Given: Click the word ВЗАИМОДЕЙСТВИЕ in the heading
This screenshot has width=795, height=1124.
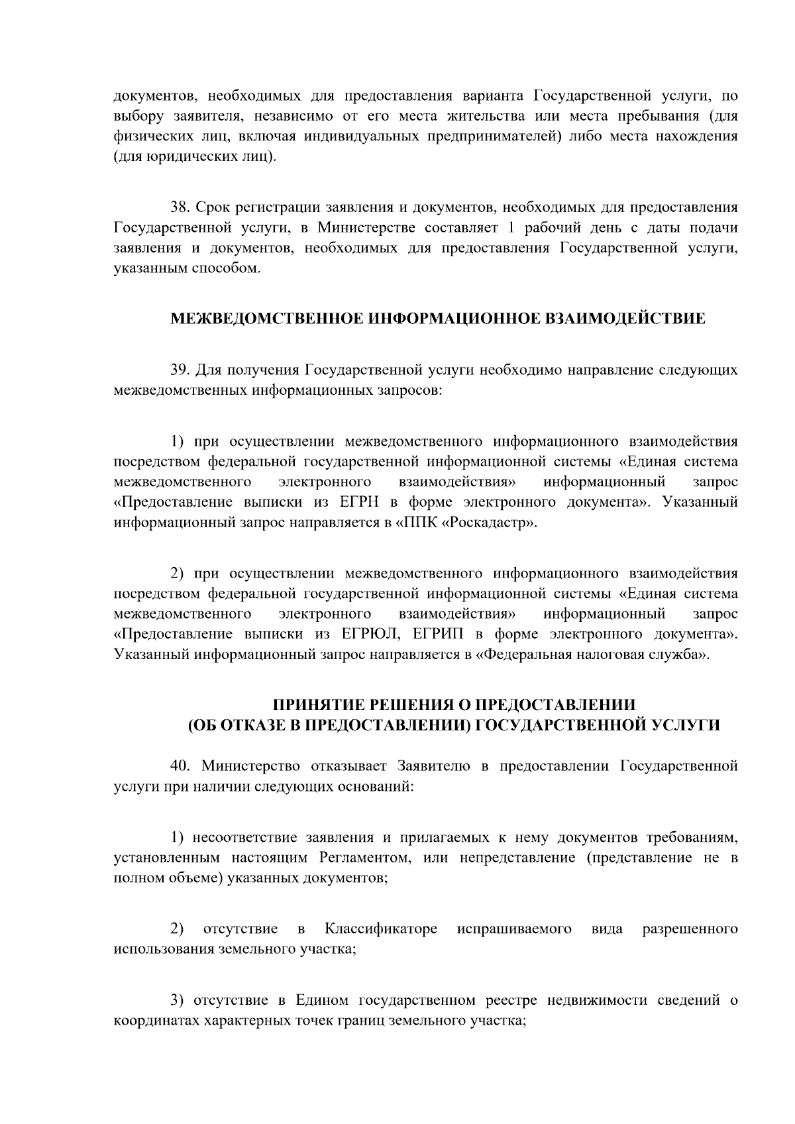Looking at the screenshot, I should click(625, 319).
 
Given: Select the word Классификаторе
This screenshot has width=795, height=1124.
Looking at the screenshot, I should click(381, 929).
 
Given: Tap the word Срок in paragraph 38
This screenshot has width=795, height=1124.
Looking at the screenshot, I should click(211, 207).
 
